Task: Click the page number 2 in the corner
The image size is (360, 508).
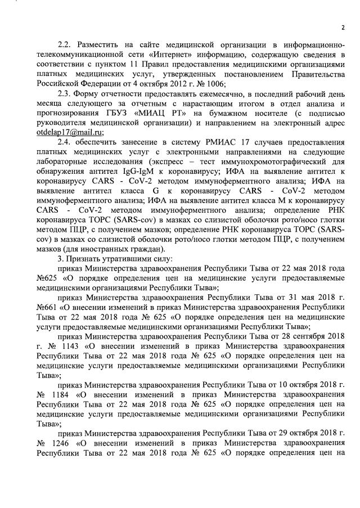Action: pos(343,29)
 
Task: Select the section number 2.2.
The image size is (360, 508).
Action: pos(67,44)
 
